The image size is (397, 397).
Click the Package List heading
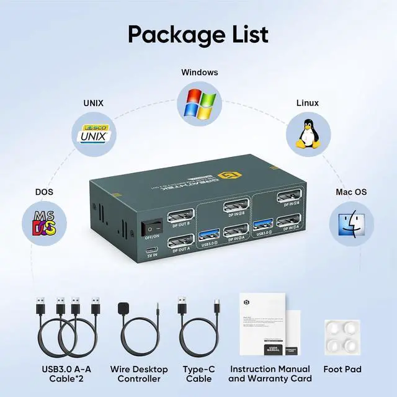[x=198, y=33]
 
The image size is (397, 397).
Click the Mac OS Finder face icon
[x=351, y=224]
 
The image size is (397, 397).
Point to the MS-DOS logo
[x=44, y=224]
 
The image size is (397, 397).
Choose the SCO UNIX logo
[x=92, y=133]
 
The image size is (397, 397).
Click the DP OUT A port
[x=180, y=241]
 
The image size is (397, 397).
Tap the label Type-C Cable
[x=198, y=373]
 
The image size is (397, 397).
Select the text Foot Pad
[x=342, y=369]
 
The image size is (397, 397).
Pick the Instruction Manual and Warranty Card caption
[x=270, y=373]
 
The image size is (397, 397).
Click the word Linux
[x=307, y=103]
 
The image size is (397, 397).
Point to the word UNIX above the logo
[x=93, y=103]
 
